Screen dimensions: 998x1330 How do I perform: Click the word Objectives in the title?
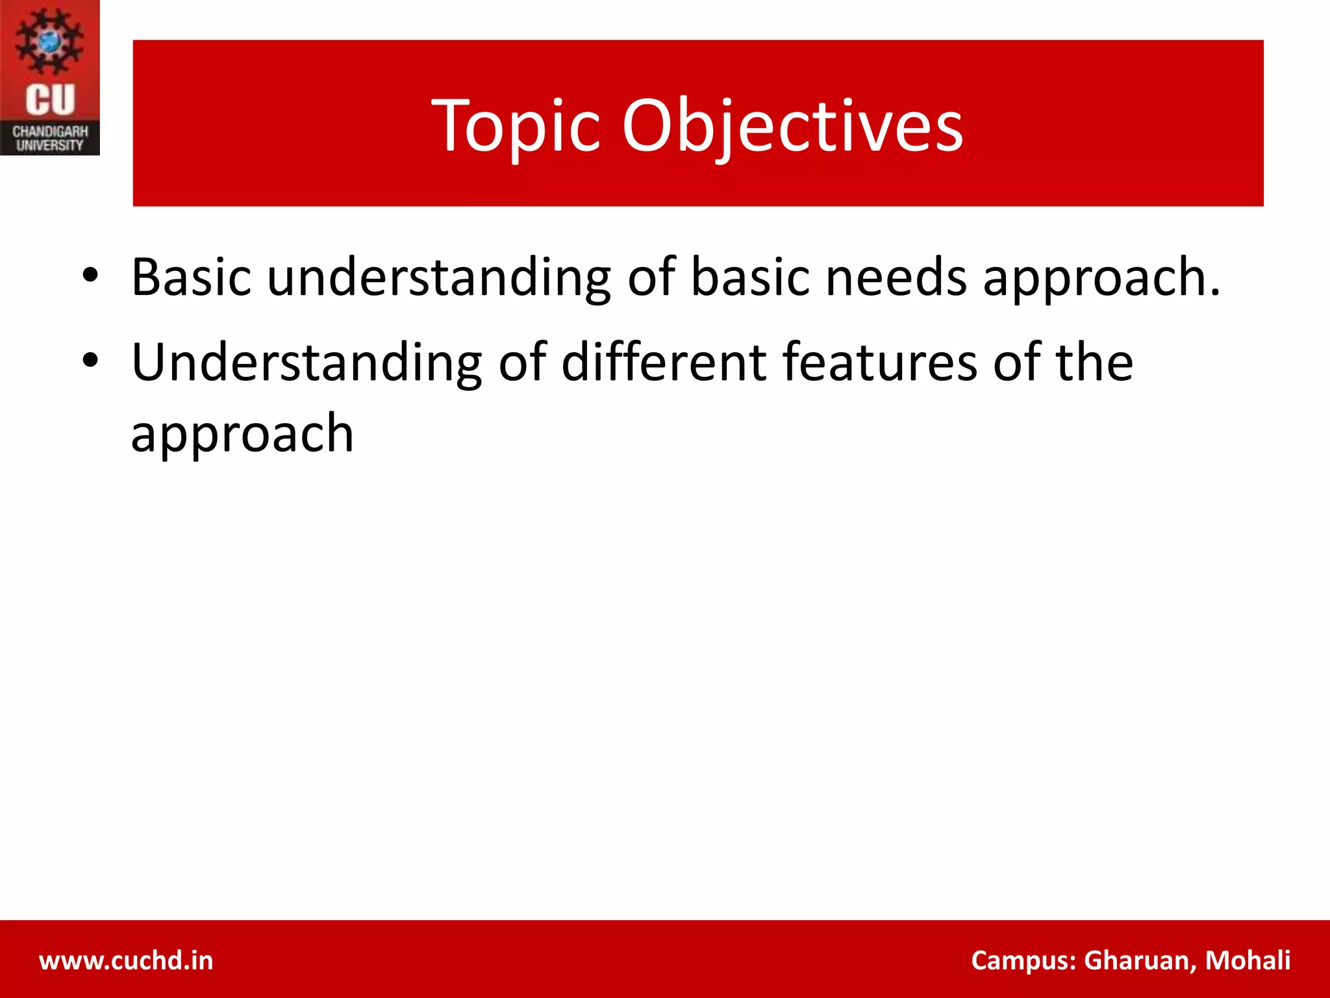(x=792, y=126)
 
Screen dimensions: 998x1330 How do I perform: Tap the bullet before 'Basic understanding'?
(x=90, y=275)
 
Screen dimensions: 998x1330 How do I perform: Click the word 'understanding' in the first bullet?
(x=439, y=278)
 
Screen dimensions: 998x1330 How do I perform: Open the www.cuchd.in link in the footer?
(x=126, y=960)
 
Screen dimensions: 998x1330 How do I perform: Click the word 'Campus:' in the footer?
(x=1023, y=960)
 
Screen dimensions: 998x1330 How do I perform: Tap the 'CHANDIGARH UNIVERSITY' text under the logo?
(x=50, y=138)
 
